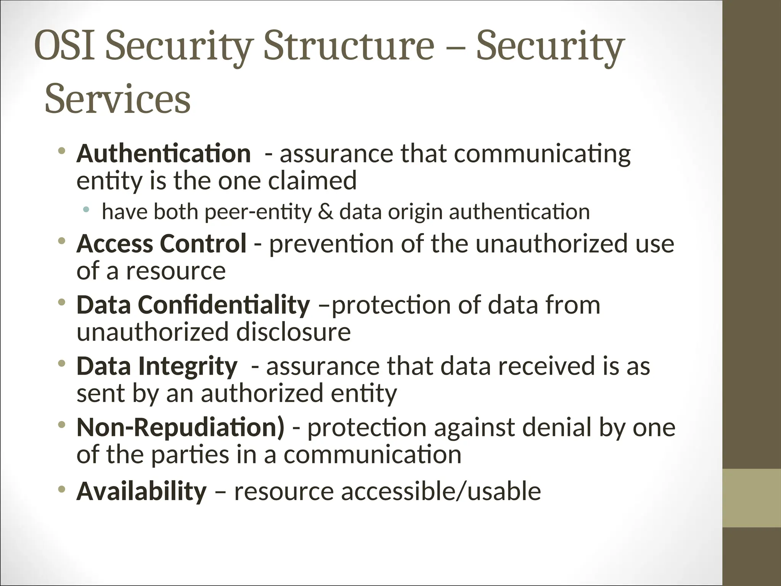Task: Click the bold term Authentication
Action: [x=163, y=153]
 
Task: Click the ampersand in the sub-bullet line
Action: [x=325, y=212]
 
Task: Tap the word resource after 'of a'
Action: [x=176, y=271]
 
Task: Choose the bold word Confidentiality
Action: [x=224, y=305]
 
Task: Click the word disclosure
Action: [x=293, y=332]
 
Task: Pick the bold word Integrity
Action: [x=188, y=366]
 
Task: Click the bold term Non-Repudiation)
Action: [x=180, y=427]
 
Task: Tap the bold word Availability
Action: [x=141, y=491]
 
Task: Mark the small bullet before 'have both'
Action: [x=87, y=209]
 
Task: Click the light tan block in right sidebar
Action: [x=752, y=498]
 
